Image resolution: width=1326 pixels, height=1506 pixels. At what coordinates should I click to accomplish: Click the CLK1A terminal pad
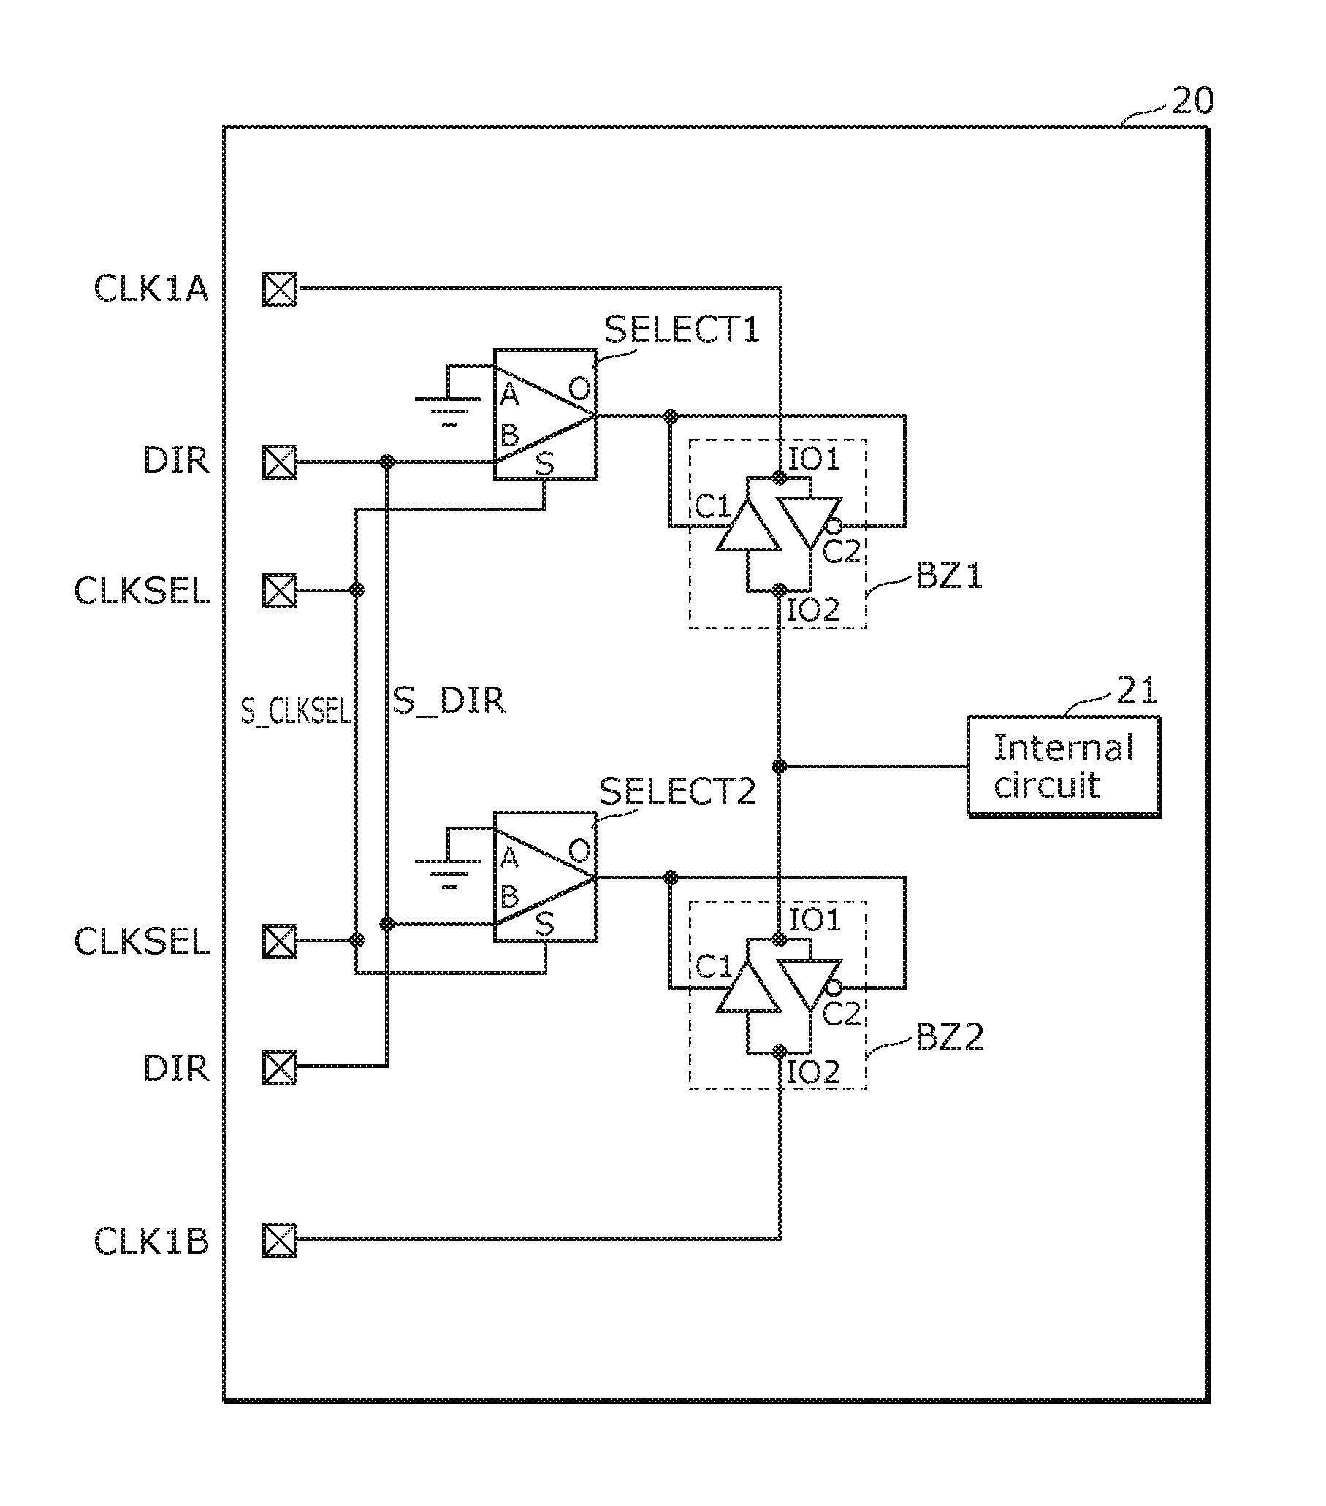click(x=280, y=288)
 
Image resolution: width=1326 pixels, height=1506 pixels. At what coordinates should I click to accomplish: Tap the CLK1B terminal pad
click(x=280, y=1239)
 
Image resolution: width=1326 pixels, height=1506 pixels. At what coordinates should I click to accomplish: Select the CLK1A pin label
click(x=151, y=288)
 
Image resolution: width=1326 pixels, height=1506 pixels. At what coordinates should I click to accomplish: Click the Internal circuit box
click(x=1064, y=766)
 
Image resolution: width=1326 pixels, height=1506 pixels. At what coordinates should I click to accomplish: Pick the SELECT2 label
click(x=677, y=791)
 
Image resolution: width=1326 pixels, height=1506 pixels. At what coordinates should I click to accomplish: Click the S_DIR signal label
click(x=449, y=700)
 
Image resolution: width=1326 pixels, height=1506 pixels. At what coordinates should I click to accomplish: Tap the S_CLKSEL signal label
click(x=296, y=711)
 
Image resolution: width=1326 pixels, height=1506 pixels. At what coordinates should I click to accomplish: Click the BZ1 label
click(x=949, y=575)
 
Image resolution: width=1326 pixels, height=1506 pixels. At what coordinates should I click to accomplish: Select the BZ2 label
click(x=949, y=1037)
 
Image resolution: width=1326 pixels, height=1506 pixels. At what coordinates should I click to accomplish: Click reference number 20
click(x=1192, y=101)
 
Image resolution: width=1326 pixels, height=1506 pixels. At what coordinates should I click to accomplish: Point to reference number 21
click(x=1137, y=690)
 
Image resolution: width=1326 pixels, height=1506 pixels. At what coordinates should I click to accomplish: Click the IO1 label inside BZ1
click(x=815, y=459)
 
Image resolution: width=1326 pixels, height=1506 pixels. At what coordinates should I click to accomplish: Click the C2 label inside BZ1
click(x=842, y=551)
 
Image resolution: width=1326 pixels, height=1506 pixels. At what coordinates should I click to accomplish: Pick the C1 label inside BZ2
click(x=714, y=968)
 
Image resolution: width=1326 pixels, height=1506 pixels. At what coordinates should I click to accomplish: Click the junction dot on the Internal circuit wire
click(x=779, y=766)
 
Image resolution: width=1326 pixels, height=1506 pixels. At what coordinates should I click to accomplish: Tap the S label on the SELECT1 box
click(x=544, y=464)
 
